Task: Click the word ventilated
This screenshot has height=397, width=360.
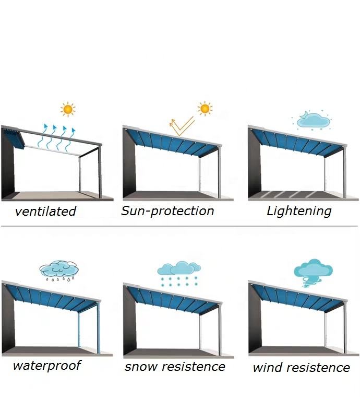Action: coord(45,212)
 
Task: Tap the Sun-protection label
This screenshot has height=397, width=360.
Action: coord(167,211)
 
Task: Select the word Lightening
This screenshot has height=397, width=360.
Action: coord(299,211)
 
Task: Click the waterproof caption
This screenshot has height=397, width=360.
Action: coord(47,365)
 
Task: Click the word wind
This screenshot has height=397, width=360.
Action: coord(267,368)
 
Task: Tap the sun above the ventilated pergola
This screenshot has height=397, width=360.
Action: coord(67,109)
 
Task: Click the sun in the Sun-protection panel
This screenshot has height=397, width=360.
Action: coord(205,109)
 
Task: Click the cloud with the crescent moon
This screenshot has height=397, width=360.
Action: coord(313,121)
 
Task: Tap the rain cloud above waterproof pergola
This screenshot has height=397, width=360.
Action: coord(59,270)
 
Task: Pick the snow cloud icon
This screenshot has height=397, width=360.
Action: coord(179,268)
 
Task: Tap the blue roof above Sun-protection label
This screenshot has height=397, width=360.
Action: coord(172,142)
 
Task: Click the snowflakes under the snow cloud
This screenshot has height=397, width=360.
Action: coord(179,282)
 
